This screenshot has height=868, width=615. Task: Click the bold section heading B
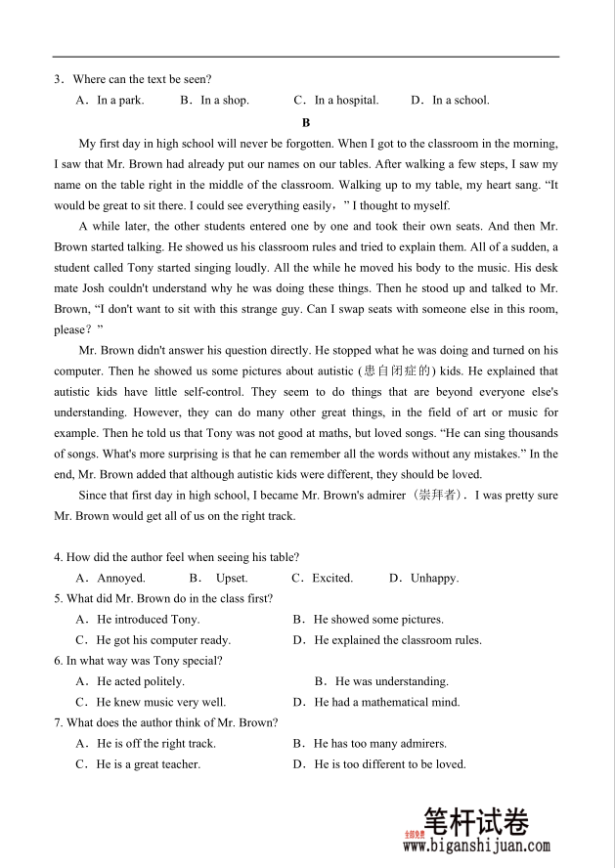click(x=306, y=122)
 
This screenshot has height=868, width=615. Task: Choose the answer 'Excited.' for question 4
click(x=331, y=578)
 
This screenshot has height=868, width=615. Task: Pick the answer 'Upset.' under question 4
click(x=231, y=578)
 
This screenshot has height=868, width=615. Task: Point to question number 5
click(x=58, y=598)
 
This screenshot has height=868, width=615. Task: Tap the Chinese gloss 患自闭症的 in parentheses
click(x=396, y=370)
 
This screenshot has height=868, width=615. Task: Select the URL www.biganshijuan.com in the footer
click(x=476, y=847)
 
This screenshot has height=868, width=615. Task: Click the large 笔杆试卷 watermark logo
click(x=489, y=820)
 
